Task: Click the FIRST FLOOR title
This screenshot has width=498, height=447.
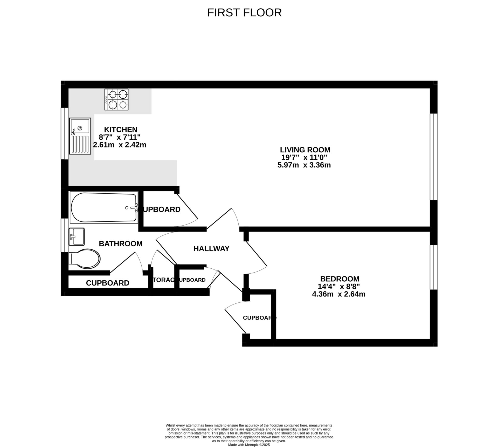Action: [x=244, y=13]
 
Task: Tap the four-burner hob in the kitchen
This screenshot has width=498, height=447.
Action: [x=116, y=99]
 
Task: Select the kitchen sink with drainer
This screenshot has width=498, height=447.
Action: [x=80, y=136]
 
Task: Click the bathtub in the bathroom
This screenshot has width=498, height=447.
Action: [x=104, y=207]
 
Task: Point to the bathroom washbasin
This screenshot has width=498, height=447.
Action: [x=77, y=236]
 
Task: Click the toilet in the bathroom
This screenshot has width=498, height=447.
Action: [x=84, y=259]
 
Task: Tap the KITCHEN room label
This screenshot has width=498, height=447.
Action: [x=121, y=130]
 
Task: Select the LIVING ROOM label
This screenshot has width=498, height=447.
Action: [x=305, y=150]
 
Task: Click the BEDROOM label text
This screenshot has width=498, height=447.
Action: [x=340, y=279]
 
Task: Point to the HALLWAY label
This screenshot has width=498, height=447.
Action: [x=211, y=249]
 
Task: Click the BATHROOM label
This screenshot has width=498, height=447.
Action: [x=121, y=243]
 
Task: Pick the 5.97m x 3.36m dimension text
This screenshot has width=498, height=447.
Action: [x=304, y=165]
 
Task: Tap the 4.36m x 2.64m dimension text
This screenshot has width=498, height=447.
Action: [x=338, y=294]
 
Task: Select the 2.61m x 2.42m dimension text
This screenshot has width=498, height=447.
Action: [x=120, y=145]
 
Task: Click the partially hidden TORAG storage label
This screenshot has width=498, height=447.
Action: [x=163, y=280]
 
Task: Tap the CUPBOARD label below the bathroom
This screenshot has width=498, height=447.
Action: [x=107, y=283]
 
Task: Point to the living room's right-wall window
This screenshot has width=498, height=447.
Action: [x=433, y=157]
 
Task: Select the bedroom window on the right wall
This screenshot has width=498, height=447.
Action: [x=433, y=267]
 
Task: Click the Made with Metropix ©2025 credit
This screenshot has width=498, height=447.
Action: [x=249, y=445]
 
